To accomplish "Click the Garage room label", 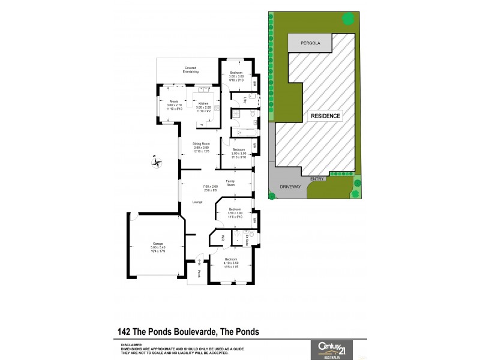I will pyautogui.click(x=158, y=243).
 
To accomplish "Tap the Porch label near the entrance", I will pyautogui.click(x=199, y=274).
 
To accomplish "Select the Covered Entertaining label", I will pyautogui.click(x=191, y=70).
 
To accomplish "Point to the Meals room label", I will pyautogui.click(x=174, y=101).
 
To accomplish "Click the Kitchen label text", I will pyautogui.click(x=203, y=103).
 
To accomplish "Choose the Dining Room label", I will pyautogui.click(x=201, y=143).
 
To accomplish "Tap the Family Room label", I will pyautogui.click(x=230, y=182).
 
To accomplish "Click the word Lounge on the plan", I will pyautogui.click(x=197, y=202).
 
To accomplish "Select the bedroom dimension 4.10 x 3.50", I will pyautogui.click(x=231, y=262).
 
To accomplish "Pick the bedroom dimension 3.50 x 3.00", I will pyautogui.click(x=235, y=213).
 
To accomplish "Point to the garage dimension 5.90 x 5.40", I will pyautogui.click(x=158, y=247).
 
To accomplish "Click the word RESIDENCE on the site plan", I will pyautogui.click(x=326, y=116).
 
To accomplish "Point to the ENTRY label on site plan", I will pyautogui.click(x=317, y=179).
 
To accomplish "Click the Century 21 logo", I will pyautogui.click(x=331, y=349).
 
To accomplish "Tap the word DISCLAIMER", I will pyautogui.click(x=131, y=345).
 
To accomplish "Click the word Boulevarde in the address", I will pyautogui.click(x=185, y=331).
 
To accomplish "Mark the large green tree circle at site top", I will pyautogui.click(x=347, y=19).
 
